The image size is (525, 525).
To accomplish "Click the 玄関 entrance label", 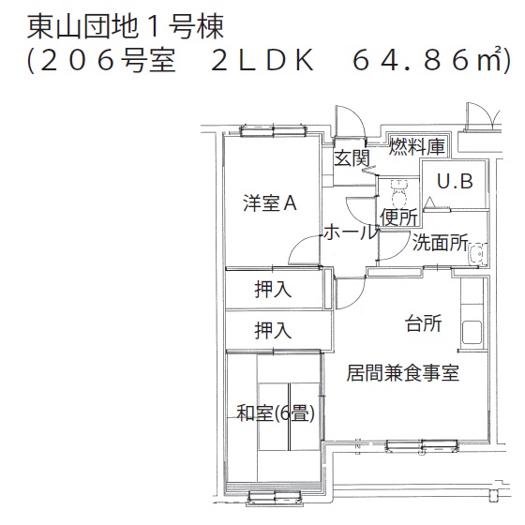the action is [352, 157].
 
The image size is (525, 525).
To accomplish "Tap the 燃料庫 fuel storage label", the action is [417, 146].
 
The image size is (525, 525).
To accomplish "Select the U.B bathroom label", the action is [455, 181].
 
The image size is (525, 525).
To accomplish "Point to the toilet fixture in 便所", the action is [398, 192].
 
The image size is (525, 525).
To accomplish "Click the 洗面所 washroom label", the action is [440, 242].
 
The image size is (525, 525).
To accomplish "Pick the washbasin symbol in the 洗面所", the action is [476, 255].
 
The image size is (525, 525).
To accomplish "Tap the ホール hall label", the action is [351, 232].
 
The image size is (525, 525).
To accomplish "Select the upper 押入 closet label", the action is [273, 290].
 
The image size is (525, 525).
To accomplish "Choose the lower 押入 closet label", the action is [273, 330].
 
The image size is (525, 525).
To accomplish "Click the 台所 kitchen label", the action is [423, 323].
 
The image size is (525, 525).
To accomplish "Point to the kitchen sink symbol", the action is [472, 332].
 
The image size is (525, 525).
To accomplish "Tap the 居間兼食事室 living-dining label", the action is [402, 373].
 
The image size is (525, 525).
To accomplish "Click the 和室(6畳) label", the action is [276, 413].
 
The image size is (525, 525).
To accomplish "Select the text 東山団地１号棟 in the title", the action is [125, 27].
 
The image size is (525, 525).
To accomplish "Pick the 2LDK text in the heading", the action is [262, 61].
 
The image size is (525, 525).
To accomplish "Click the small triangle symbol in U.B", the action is [429, 202].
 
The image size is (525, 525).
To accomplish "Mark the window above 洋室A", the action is [273, 131].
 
